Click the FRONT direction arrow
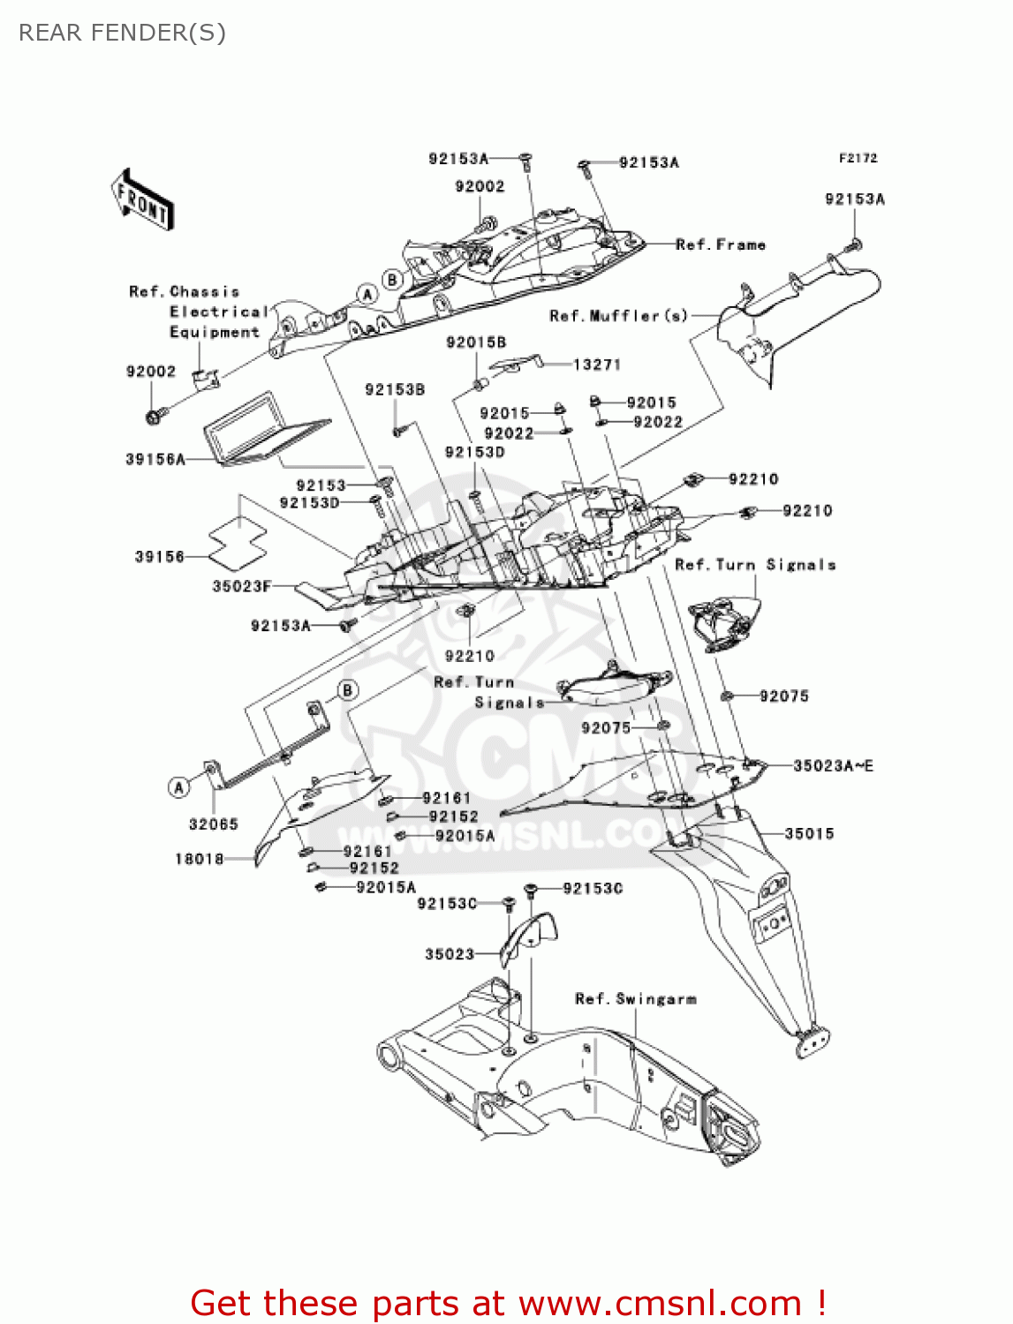click(142, 200)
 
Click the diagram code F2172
click(858, 158)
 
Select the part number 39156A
click(155, 459)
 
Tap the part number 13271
click(597, 365)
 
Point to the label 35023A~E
click(833, 766)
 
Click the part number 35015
click(809, 833)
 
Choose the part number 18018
click(200, 859)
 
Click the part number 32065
click(214, 824)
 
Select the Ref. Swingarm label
click(636, 999)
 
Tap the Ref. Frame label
click(721, 244)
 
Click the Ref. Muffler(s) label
click(618, 315)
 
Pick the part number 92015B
click(476, 342)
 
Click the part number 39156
click(160, 557)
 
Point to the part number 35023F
click(242, 586)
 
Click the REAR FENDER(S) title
click(122, 33)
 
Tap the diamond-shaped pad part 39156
click(238, 543)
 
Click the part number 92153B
click(395, 389)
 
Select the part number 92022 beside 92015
click(509, 433)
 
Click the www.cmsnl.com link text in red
click(660, 1304)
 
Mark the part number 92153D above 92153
click(474, 452)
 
